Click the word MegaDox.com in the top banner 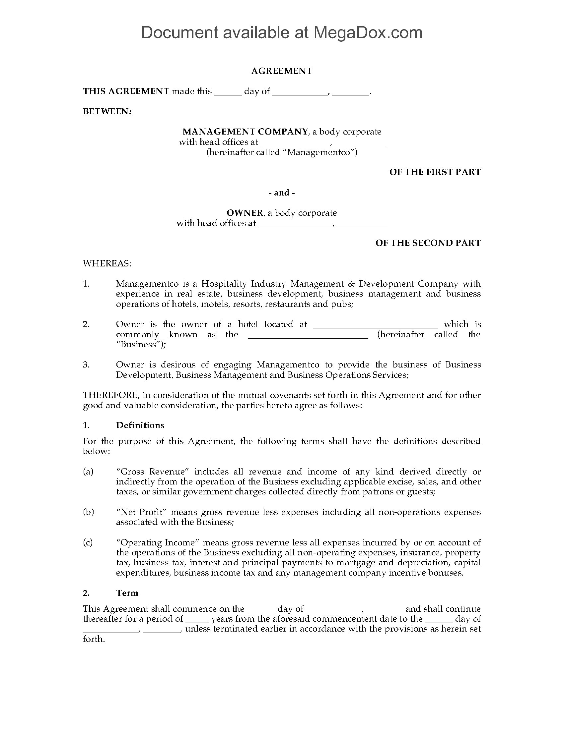pyautogui.click(x=368, y=33)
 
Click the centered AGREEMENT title pyautogui.click(x=282, y=71)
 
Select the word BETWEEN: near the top pyautogui.click(x=107, y=111)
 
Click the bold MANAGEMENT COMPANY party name pyautogui.click(x=245, y=132)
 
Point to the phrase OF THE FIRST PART pyautogui.click(x=435, y=172)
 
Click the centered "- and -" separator pyautogui.click(x=282, y=193)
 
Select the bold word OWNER pyautogui.click(x=245, y=213)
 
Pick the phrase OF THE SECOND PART pyautogui.click(x=428, y=243)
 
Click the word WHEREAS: pyautogui.click(x=107, y=263)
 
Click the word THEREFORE pyautogui.click(x=110, y=395)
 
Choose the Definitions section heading pyautogui.click(x=140, y=425)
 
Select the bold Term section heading pyautogui.click(x=127, y=593)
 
